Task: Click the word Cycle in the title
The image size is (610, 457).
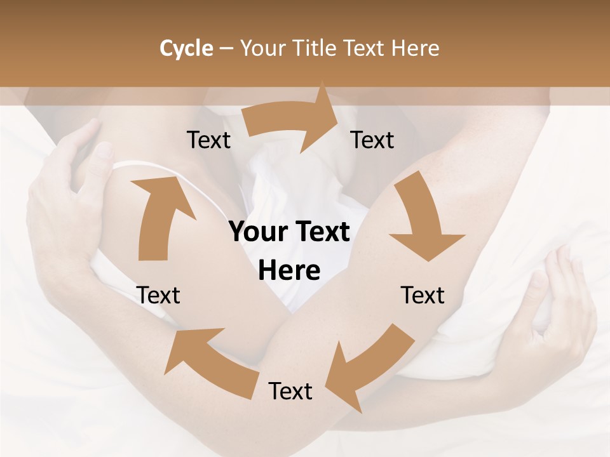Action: click(186, 48)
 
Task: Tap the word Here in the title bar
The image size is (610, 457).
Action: click(416, 48)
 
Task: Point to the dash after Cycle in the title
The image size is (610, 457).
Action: click(226, 49)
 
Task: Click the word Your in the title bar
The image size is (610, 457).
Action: click(264, 48)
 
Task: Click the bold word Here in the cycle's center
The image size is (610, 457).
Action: click(289, 271)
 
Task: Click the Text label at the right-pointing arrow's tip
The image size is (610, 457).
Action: click(372, 140)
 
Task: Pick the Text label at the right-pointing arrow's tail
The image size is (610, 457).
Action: click(209, 140)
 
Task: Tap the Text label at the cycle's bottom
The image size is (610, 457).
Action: click(290, 391)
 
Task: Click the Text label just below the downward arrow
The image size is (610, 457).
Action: click(423, 295)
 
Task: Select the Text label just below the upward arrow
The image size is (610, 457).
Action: click(158, 295)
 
